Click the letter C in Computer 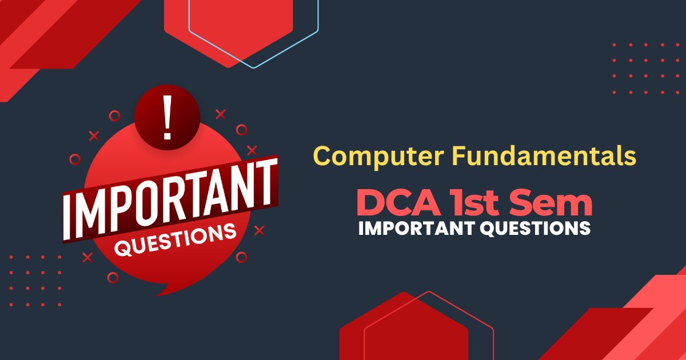pos(324,156)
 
